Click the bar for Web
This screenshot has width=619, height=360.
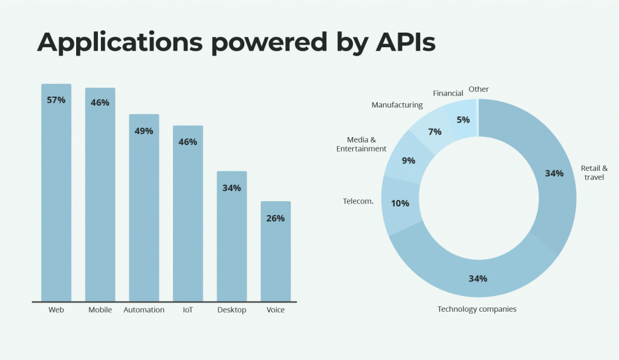pyautogui.click(x=56, y=199)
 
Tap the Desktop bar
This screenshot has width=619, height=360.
pyautogui.click(x=232, y=242)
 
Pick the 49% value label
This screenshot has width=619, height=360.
pyautogui.click(x=144, y=131)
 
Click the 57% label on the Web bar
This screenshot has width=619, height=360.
pyautogui.click(x=56, y=100)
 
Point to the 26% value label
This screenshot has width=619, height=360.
pyautogui.click(x=276, y=218)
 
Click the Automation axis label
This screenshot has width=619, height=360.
pyautogui.click(x=144, y=310)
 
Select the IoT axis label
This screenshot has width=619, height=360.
pyautogui.click(x=188, y=310)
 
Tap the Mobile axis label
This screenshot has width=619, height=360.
pyautogui.click(x=100, y=310)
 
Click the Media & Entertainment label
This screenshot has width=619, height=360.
pyautogui.click(x=361, y=144)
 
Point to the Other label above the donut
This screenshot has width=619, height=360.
pyautogui.click(x=479, y=89)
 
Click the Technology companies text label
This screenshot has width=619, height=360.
pyautogui.click(x=477, y=309)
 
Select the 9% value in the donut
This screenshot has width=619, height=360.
pyautogui.click(x=409, y=161)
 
